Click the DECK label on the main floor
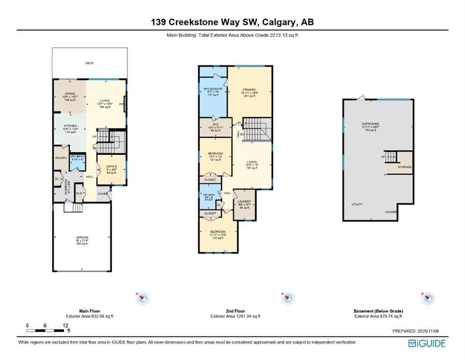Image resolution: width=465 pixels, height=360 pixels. point(89,63)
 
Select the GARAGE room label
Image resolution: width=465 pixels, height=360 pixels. point(82,237)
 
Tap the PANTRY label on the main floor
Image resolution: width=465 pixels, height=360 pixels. point(61,158)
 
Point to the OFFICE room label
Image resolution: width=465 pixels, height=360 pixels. point(111,166)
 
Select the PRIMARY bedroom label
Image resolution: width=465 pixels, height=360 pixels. point(249,90)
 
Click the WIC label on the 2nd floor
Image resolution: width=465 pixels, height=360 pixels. point(215,124)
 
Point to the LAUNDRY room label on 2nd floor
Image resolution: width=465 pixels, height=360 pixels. point(244,202)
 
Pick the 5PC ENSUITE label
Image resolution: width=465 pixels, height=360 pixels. point(213,89)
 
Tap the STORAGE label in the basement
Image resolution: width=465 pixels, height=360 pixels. point(404,166)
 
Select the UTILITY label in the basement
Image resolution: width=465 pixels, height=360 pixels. point(357,204)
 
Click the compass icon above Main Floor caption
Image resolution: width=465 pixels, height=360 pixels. point(142,297)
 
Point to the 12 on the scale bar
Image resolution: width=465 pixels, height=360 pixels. point(66,325)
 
